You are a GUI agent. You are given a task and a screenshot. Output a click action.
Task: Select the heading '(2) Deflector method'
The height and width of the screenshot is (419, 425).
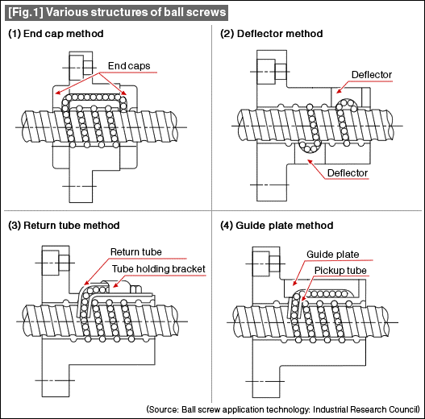click(272, 34)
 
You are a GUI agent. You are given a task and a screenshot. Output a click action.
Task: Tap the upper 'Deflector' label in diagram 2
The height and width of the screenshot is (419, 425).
click(372, 75)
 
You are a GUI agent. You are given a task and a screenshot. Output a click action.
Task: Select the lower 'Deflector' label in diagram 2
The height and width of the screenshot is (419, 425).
click(348, 173)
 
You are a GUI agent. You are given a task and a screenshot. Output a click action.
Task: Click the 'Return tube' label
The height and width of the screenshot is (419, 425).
click(136, 251)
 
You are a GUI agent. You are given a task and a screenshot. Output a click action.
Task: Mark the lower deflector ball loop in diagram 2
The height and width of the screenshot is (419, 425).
click(307, 146)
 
